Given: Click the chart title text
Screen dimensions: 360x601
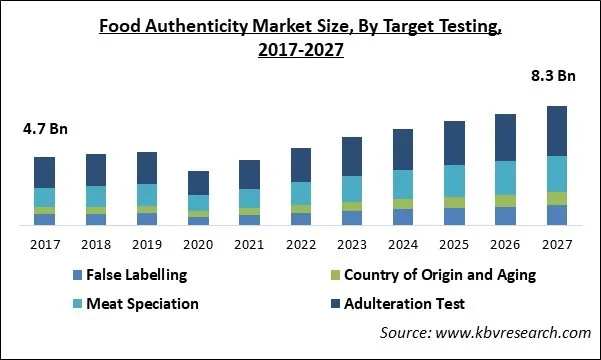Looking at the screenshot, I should click(300, 39).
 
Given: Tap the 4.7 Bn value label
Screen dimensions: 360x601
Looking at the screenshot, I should click(44, 128).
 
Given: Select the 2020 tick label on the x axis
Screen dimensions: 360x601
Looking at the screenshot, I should click(199, 245).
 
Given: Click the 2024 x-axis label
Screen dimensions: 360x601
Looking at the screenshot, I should click(403, 245).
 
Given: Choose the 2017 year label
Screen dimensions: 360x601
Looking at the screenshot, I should click(44, 245).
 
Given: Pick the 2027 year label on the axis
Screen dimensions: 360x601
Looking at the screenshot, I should click(557, 245).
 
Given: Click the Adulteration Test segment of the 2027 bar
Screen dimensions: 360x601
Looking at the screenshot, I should click(557, 131).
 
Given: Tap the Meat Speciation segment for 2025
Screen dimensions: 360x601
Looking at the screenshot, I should click(455, 180).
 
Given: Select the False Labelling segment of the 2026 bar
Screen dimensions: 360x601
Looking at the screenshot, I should click(506, 216).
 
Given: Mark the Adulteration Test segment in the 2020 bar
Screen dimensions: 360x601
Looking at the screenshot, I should click(199, 183).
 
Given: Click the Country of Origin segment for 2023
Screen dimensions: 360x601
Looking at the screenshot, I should click(352, 206).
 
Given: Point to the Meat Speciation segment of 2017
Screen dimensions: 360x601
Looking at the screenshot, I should click(44, 197).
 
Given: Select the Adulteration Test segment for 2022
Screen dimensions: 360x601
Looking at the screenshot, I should click(301, 165).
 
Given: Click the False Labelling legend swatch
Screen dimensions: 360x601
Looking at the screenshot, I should click(76, 275).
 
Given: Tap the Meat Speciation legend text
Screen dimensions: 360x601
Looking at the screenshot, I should click(142, 303).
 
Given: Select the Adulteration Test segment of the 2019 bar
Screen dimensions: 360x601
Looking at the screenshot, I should click(147, 168).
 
